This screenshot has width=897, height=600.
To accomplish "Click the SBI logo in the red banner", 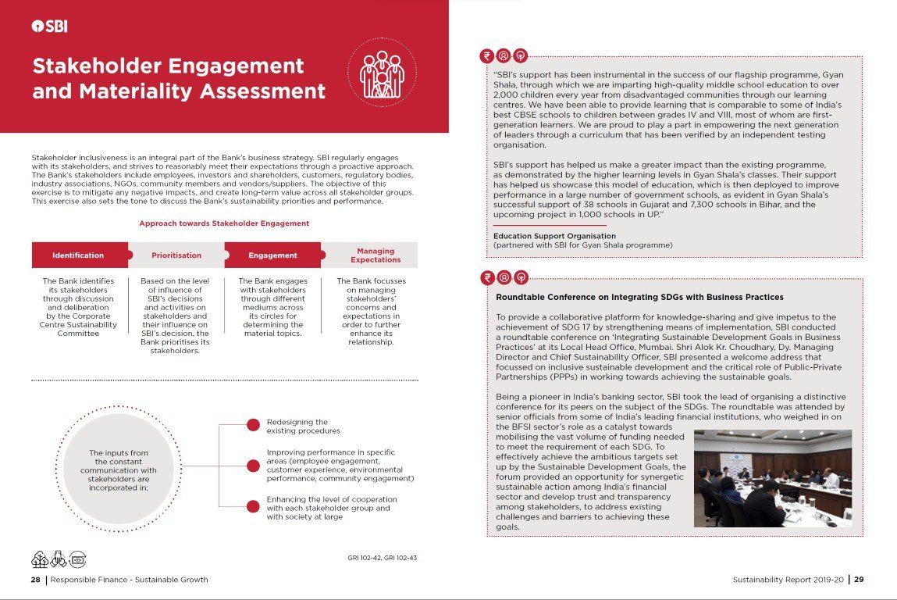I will (x=49, y=26).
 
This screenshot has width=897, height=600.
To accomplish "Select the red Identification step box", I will (x=78, y=255).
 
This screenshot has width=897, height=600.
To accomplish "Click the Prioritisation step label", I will (x=176, y=255).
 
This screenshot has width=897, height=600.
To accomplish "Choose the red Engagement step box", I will (x=272, y=255).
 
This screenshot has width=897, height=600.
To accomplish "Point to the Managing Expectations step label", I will (x=375, y=255).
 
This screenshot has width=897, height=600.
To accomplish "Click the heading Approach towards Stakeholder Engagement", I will (x=224, y=223).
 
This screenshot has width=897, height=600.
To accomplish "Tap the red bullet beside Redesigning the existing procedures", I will (x=253, y=426).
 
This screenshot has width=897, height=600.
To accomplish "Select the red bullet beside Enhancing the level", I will (x=253, y=506).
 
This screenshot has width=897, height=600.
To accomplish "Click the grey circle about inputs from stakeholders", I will (x=118, y=468).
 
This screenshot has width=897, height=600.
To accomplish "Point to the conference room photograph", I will (x=772, y=477).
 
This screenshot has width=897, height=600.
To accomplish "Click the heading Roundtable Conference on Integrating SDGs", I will (x=639, y=297).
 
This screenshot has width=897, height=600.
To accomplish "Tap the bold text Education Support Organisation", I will (x=554, y=236).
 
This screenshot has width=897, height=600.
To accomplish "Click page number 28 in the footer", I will (x=36, y=580).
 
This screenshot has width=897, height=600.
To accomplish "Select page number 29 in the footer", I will (x=858, y=580).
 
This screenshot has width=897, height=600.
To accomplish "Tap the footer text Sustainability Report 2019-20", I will (x=788, y=580).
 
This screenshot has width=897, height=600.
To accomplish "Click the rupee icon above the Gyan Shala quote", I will (x=488, y=55).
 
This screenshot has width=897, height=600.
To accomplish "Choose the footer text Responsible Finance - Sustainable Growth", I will (x=129, y=580).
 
